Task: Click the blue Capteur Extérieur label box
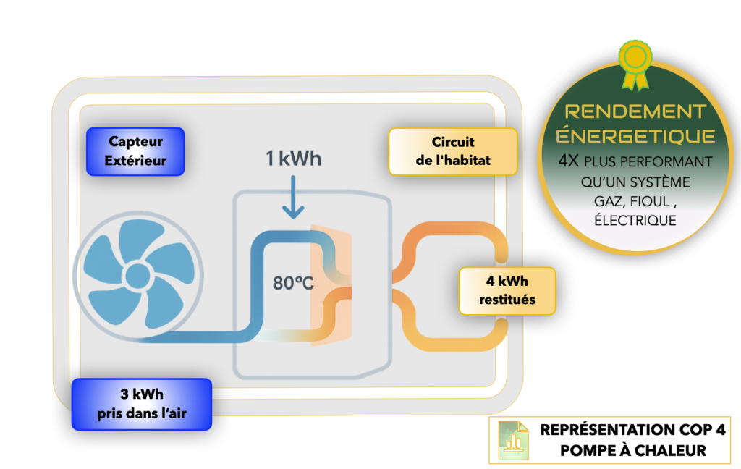[x=135, y=151]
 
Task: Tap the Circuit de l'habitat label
[x=453, y=151]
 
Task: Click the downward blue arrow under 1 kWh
[x=293, y=200]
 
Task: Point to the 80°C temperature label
[x=293, y=282]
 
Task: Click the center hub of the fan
[x=138, y=279]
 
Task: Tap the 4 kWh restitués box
[x=507, y=290]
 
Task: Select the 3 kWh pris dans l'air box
[x=141, y=404]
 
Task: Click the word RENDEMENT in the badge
[x=635, y=112]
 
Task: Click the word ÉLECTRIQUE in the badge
[x=635, y=220]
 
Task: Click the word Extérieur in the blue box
[x=135, y=160]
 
